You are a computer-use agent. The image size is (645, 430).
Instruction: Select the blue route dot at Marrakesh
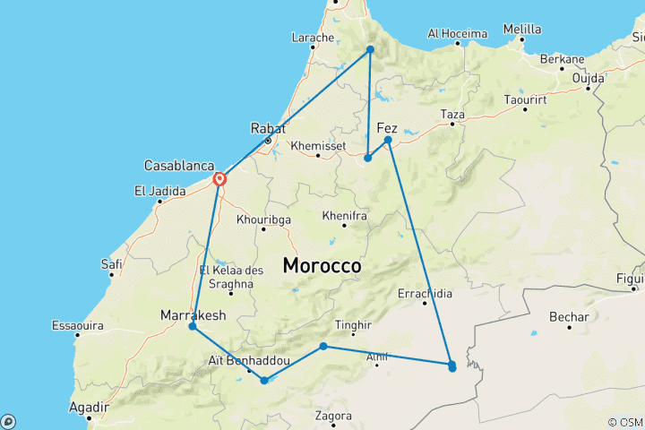click(x=193, y=326)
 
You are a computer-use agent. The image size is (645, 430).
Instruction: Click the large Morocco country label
click(x=322, y=266)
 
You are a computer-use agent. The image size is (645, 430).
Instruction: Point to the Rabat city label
click(x=268, y=127)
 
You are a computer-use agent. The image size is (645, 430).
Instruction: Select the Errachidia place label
click(x=425, y=293)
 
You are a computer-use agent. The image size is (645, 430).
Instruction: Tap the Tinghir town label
click(x=351, y=325)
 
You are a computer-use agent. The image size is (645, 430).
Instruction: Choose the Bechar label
click(x=570, y=317)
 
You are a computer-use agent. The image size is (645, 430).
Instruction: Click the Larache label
click(x=313, y=38)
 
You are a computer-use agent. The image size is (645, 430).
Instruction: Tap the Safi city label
click(x=112, y=263)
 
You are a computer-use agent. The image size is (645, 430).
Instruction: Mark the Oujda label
click(x=589, y=77)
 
